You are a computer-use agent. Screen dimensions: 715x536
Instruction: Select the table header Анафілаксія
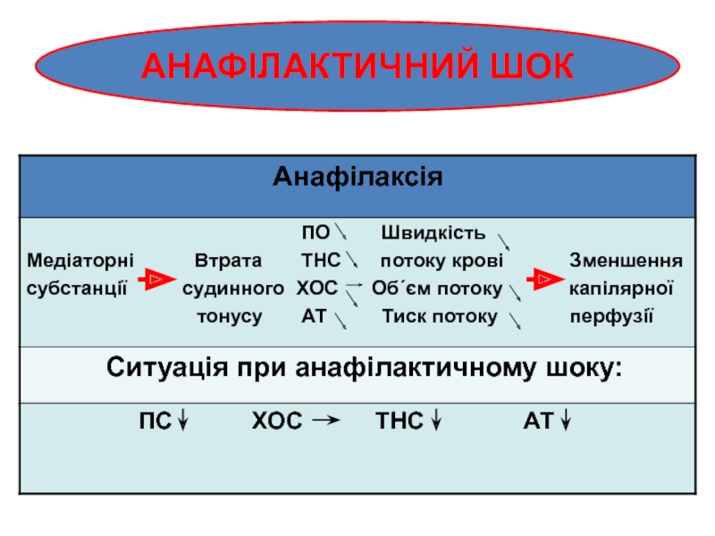click(x=357, y=176)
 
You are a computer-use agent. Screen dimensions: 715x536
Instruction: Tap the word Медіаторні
click(x=80, y=262)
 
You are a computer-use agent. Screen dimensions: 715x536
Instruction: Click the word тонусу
click(x=230, y=316)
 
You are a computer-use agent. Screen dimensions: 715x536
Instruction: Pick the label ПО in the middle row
click(x=315, y=235)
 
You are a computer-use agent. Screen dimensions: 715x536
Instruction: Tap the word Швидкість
click(x=433, y=235)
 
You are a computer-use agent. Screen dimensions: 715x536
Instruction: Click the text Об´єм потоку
click(x=437, y=289)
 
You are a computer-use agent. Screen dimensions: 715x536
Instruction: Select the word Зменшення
click(x=627, y=262)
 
